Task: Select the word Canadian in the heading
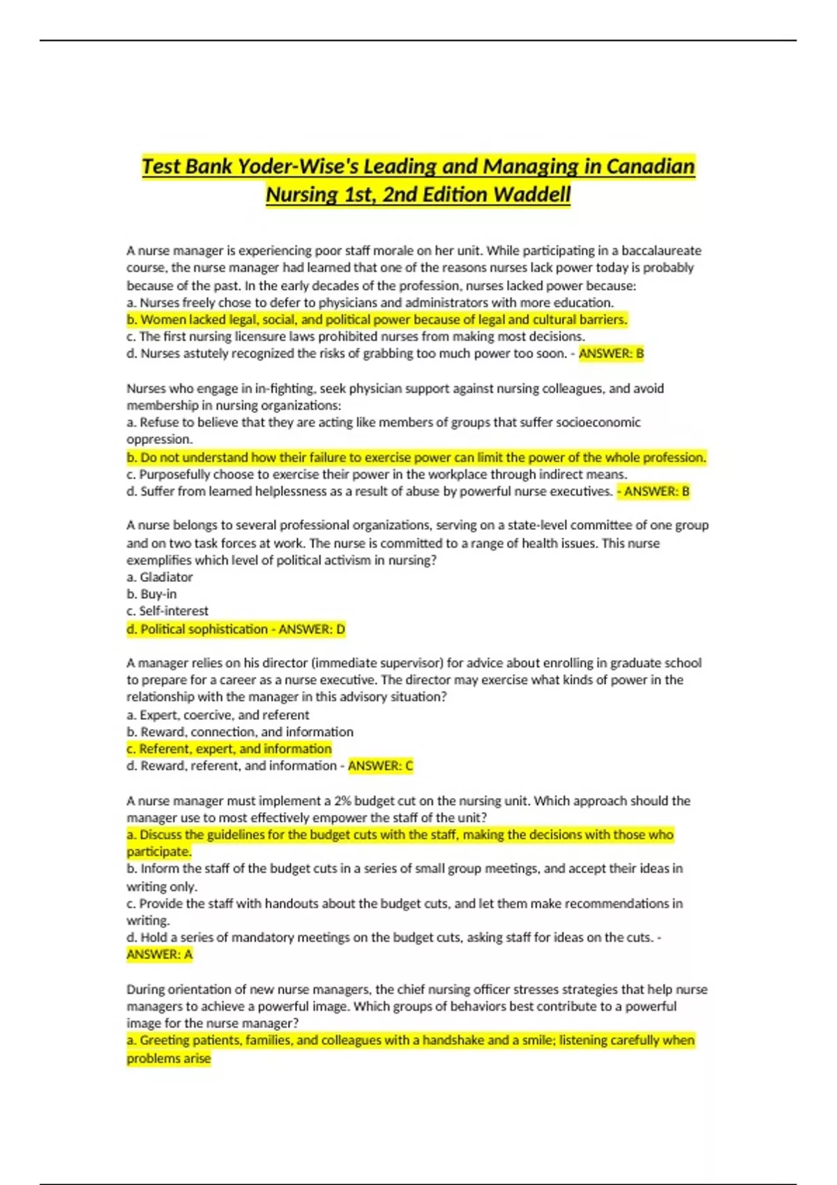point(650,167)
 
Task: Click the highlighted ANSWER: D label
point(312,629)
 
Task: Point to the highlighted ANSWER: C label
point(380,766)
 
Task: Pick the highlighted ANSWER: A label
point(159,955)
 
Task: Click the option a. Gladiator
point(160,577)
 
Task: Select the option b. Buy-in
point(151,594)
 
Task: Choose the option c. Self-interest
point(167,611)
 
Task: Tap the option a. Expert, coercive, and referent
point(218,715)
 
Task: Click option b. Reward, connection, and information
point(240,732)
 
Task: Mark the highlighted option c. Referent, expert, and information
point(229,749)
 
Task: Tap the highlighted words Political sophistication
point(204,629)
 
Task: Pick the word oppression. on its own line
point(159,440)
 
